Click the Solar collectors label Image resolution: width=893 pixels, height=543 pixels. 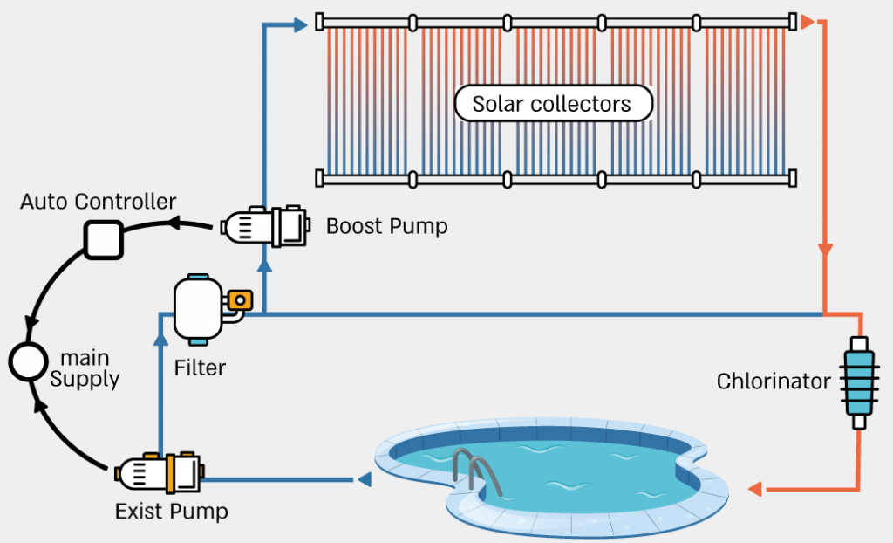point(553,104)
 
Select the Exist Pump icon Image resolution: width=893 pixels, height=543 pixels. point(160,474)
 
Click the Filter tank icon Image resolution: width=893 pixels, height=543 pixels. point(201,308)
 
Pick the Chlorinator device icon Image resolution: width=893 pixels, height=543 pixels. point(857,381)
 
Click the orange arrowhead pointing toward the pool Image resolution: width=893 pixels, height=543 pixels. point(757,488)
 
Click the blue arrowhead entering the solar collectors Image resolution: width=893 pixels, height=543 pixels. point(300,24)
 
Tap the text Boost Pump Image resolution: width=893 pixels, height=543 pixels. point(386,227)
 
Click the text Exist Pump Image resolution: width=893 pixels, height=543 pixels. point(171,512)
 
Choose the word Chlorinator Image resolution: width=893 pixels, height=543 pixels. point(774,381)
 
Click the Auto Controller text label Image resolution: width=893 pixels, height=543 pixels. point(98,202)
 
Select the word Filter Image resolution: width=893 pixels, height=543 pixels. point(200,368)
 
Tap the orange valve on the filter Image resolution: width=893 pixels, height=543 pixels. point(239,300)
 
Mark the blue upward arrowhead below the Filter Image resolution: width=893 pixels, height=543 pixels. point(160,329)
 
